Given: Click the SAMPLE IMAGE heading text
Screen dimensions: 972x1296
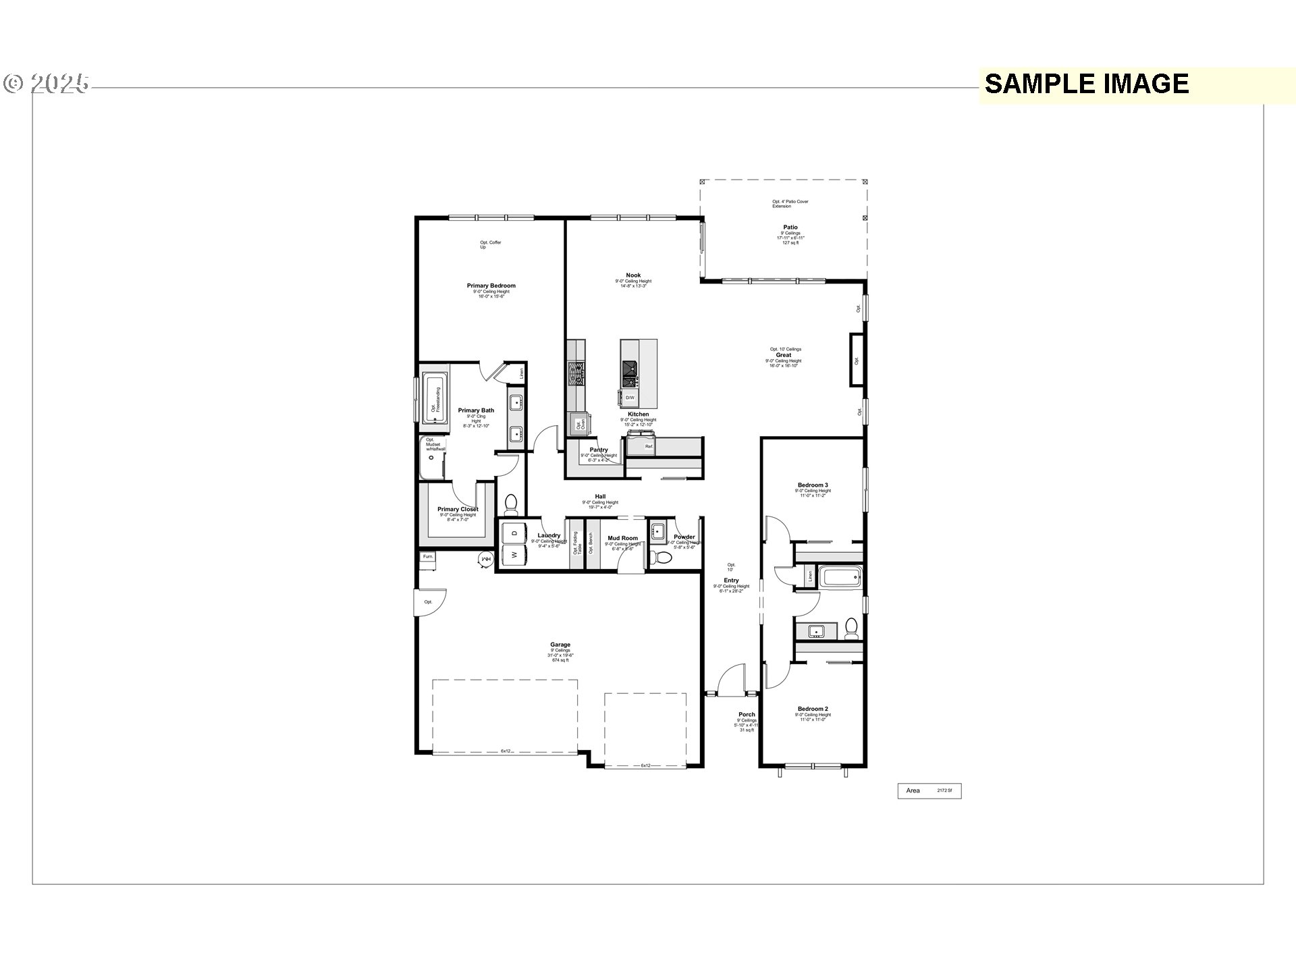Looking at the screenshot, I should (1086, 84).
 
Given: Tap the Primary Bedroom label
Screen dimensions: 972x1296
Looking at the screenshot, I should (491, 286).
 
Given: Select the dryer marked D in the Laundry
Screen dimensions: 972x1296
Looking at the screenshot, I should (514, 533).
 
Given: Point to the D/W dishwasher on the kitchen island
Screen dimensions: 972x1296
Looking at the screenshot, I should (629, 398).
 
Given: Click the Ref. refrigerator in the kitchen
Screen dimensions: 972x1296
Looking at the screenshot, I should (649, 446).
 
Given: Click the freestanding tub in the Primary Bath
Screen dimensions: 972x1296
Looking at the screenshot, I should (435, 400).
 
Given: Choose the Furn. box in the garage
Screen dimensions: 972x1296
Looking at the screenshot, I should (428, 557).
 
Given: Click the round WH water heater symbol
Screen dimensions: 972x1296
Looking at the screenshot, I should (485, 560).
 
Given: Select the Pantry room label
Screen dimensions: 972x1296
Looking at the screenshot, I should (598, 450).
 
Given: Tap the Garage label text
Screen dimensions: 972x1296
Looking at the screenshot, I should (560, 645).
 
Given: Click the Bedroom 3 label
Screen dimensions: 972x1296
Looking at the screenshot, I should (812, 485).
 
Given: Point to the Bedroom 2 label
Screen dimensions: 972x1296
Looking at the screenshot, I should (812, 709).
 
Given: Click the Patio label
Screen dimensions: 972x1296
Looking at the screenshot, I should (790, 227).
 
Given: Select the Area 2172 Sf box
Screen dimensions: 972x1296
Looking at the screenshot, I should (929, 790).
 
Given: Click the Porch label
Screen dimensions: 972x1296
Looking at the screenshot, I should (747, 714).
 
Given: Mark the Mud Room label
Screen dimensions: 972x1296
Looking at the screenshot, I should (622, 539).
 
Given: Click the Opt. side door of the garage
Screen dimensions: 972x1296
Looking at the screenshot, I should (429, 601).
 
